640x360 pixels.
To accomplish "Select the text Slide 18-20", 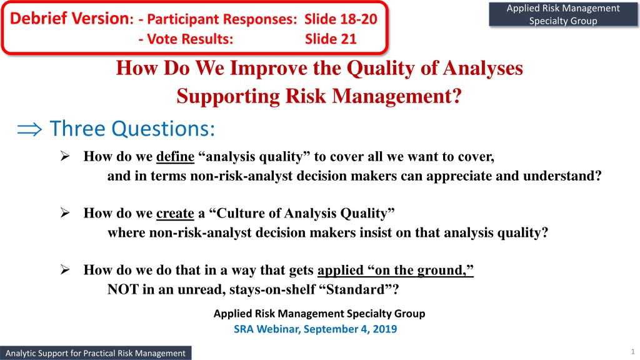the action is [x=341, y=19].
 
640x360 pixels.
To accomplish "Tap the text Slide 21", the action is [x=331, y=39].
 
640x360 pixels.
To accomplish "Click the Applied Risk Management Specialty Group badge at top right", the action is [x=563, y=14].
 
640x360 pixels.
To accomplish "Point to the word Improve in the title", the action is [x=269, y=67].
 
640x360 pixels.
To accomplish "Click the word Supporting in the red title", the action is [x=228, y=96].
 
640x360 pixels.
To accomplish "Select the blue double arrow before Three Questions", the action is [x=29, y=129].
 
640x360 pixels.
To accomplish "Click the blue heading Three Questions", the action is [x=132, y=129].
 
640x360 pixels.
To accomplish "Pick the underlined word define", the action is [x=175, y=156].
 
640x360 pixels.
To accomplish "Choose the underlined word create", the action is [x=175, y=213].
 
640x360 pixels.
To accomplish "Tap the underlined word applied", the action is [x=341, y=270].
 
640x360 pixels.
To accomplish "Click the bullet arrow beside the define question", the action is [x=65, y=156].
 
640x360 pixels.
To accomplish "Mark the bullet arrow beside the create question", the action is [x=65, y=212].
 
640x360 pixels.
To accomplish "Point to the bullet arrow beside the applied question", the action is [x=65, y=269].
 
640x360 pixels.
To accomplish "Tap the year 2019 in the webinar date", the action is [x=384, y=329].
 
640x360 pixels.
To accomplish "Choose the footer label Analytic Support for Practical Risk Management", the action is [x=96, y=353].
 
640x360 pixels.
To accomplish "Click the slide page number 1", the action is [x=633, y=351].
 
